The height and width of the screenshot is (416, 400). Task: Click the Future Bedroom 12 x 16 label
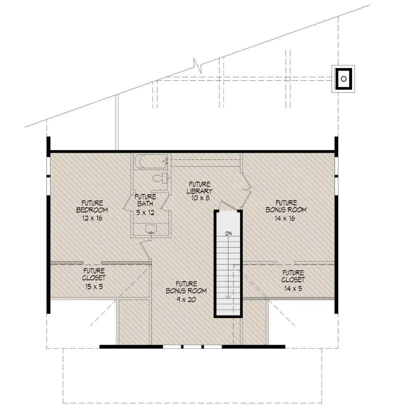click(92, 210)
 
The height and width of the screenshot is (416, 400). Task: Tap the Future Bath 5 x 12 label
click(145, 205)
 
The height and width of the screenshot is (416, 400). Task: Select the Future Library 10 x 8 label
click(200, 191)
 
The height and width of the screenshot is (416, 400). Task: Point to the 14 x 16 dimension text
click(285, 218)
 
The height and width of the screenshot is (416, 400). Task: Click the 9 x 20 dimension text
click(186, 299)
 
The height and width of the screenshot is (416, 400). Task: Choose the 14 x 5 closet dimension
click(293, 288)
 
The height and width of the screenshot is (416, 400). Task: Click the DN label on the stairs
click(228, 233)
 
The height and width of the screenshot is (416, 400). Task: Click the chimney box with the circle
click(343, 79)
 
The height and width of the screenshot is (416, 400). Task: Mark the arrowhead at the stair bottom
click(228, 297)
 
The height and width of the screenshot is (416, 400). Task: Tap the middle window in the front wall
click(193, 346)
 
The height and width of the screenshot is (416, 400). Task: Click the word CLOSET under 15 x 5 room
click(94, 278)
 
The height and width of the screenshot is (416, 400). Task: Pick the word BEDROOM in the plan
click(92, 210)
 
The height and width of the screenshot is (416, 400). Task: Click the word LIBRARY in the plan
click(200, 191)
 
